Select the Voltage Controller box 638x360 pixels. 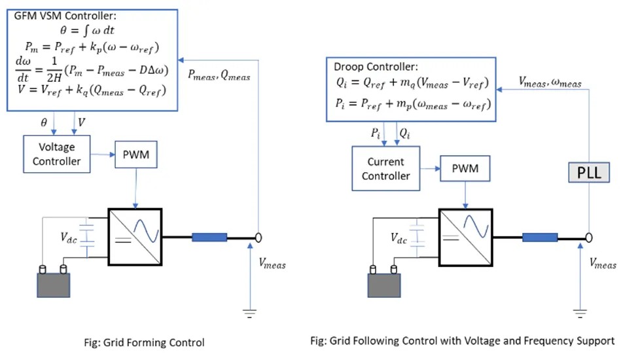(56, 154)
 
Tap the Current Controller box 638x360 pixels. (386, 168)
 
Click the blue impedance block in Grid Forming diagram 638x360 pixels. (209, 237)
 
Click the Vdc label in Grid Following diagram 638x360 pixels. (399, 240)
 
